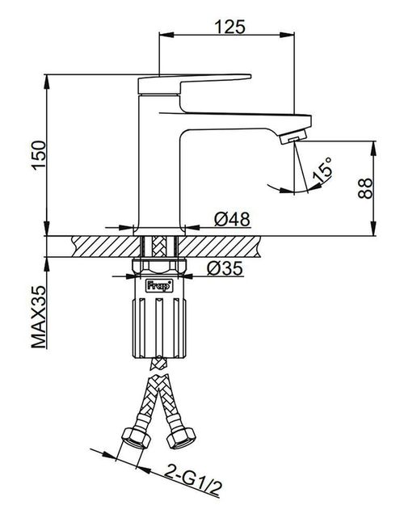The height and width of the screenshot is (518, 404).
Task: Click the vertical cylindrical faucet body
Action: (160, 162)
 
